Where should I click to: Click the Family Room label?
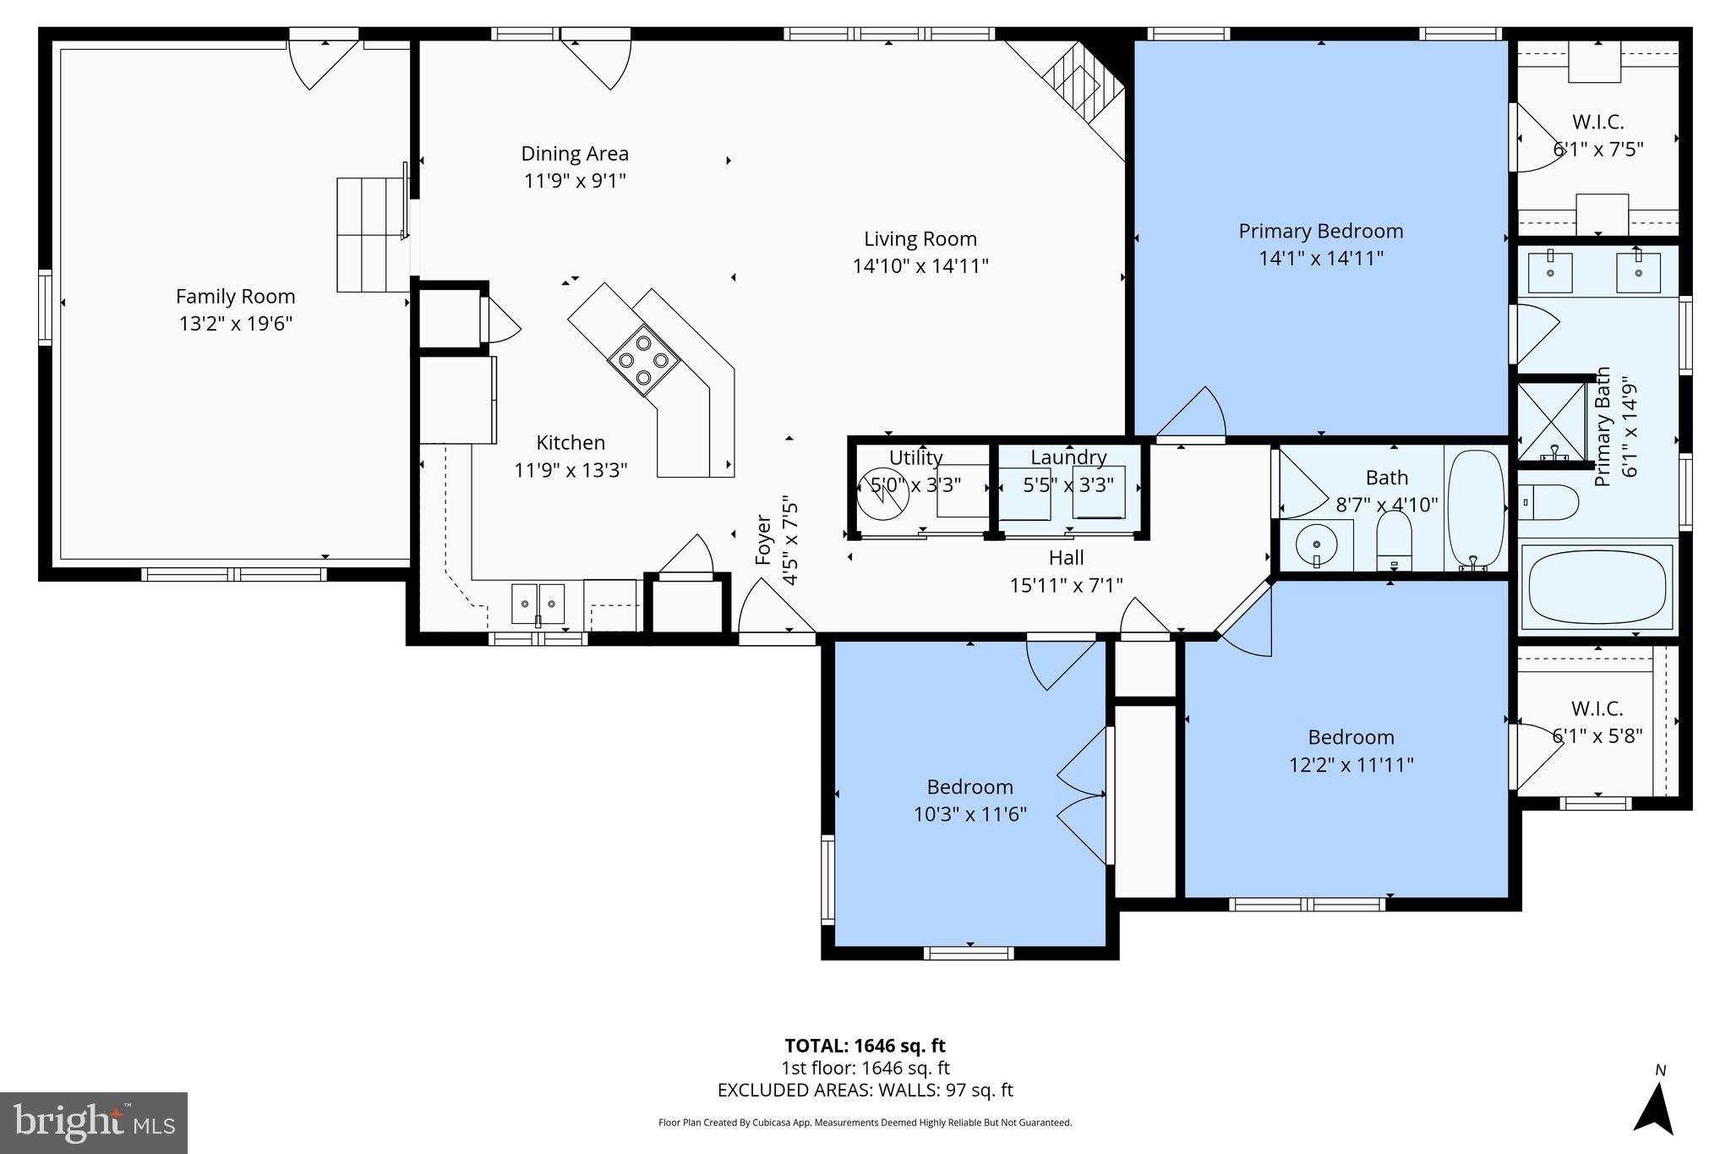pyautogui.click(x=235, y=297)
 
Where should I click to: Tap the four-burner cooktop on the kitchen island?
pyautogui.click(x=643, y=360)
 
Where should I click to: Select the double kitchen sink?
pyautogui.click(x=538, y=604)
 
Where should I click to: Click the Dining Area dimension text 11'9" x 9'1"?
pyautogui.click(x=575, y=181)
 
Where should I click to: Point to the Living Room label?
pyautogui.click(x=920, y=239)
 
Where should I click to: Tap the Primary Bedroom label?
pyautogui.click(x=1320, y=231)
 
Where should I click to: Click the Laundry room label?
pyautogui.click(x=1068, y=457)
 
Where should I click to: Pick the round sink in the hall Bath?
pyautogui.click(x=1316, y=545)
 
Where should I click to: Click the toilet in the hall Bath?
pyautogui.click(x=1394, y=541)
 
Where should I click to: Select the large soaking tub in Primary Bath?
pyautogui.click(x=1597, y=585)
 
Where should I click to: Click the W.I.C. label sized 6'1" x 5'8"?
pyautogui.click(x=1597, y=708)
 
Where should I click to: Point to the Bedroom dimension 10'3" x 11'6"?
pyautogui.click(x=969, y=814)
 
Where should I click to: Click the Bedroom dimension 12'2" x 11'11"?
pyautogui.click(x=1351, y=764)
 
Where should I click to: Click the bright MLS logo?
pyautogui.click(x=94, y=1122)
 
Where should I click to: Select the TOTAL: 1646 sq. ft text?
pyautogui.click(x=865, y=1046)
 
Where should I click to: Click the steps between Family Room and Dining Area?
pyautogui.click(x=372, y=234)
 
